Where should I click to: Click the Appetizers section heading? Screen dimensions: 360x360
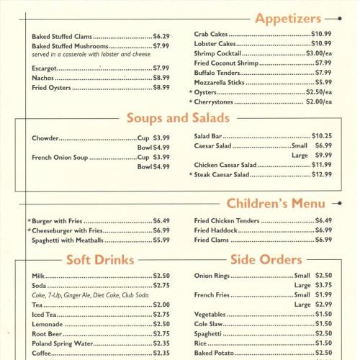[289, 18]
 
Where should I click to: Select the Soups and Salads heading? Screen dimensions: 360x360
[178, 117]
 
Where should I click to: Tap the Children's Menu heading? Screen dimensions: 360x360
[275, 204]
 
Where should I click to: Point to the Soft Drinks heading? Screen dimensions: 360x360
[99, 259]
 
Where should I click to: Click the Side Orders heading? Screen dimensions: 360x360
[266, 259]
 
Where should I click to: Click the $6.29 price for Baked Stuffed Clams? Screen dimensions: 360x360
[161, 36]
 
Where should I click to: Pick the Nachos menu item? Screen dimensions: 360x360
[43, 78]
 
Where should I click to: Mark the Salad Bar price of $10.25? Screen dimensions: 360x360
[322, 136]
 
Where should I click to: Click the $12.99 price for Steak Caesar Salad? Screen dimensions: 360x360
[322, 174]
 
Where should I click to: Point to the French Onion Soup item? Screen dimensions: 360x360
[59, 157]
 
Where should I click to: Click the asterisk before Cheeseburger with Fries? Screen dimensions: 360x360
[29, 231]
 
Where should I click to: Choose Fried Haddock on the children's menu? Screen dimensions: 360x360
[215, 230]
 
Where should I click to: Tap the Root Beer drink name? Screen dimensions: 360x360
[48, 334]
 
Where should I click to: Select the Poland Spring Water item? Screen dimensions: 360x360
[63, 343]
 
